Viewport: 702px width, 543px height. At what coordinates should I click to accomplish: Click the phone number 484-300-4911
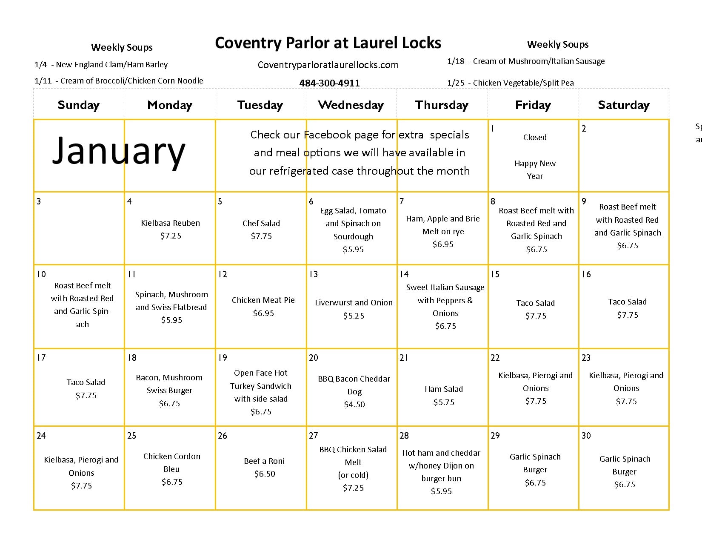tap(329, 83)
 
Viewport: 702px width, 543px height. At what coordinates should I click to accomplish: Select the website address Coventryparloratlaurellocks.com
tap(328, 65)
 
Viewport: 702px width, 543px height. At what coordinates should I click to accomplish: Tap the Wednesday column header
tap(351, 105)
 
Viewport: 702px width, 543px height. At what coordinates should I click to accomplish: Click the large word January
tap(119, 151)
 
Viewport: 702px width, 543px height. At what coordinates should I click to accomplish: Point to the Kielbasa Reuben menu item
tap(170, 223)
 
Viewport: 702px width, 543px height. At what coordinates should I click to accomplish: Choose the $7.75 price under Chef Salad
tap(261, 236)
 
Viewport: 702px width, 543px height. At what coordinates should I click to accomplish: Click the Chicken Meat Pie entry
tap(263, 300)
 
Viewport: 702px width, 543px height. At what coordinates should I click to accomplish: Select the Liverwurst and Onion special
tap(354, 302)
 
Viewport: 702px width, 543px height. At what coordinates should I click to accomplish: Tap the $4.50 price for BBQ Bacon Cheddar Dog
tap(354, 404)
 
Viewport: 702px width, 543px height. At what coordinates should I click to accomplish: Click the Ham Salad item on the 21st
tap(444, 389)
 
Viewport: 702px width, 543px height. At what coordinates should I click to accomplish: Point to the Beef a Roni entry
tap(264, 461)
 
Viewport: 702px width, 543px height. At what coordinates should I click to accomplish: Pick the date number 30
tap(586, 435)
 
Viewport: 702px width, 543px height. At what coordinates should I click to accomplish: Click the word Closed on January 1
tap(535, 137)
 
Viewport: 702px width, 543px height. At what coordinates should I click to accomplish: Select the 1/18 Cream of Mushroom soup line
tap(526, 61)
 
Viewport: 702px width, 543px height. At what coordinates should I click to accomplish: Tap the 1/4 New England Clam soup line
tap(101, 65)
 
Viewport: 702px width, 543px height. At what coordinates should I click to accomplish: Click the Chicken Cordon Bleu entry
tap(171, 463)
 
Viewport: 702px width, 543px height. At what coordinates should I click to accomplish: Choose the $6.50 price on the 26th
tap(265, 474)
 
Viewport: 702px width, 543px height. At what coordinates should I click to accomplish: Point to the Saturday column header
tap(623, 105)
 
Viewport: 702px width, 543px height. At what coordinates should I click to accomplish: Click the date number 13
tap(314, 274)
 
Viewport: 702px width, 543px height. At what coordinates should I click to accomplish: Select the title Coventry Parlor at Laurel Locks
tap(328, 43)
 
